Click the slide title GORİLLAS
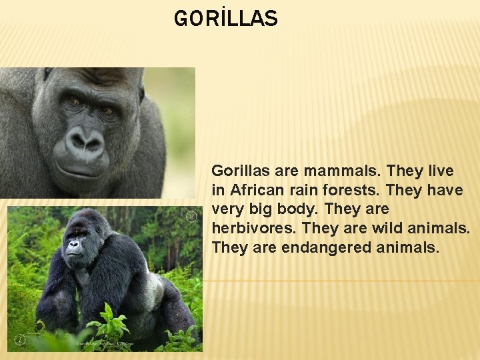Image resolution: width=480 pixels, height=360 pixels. point(225,19)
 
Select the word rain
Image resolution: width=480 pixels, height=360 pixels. point(301,190)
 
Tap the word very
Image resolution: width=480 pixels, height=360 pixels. point(226,209)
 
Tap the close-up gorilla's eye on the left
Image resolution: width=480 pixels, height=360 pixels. point(73,101)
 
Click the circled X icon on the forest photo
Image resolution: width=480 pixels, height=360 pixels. point(191,216)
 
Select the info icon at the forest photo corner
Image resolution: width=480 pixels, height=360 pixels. point(20,340)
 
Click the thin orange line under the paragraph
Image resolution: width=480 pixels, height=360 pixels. point(341,281)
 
